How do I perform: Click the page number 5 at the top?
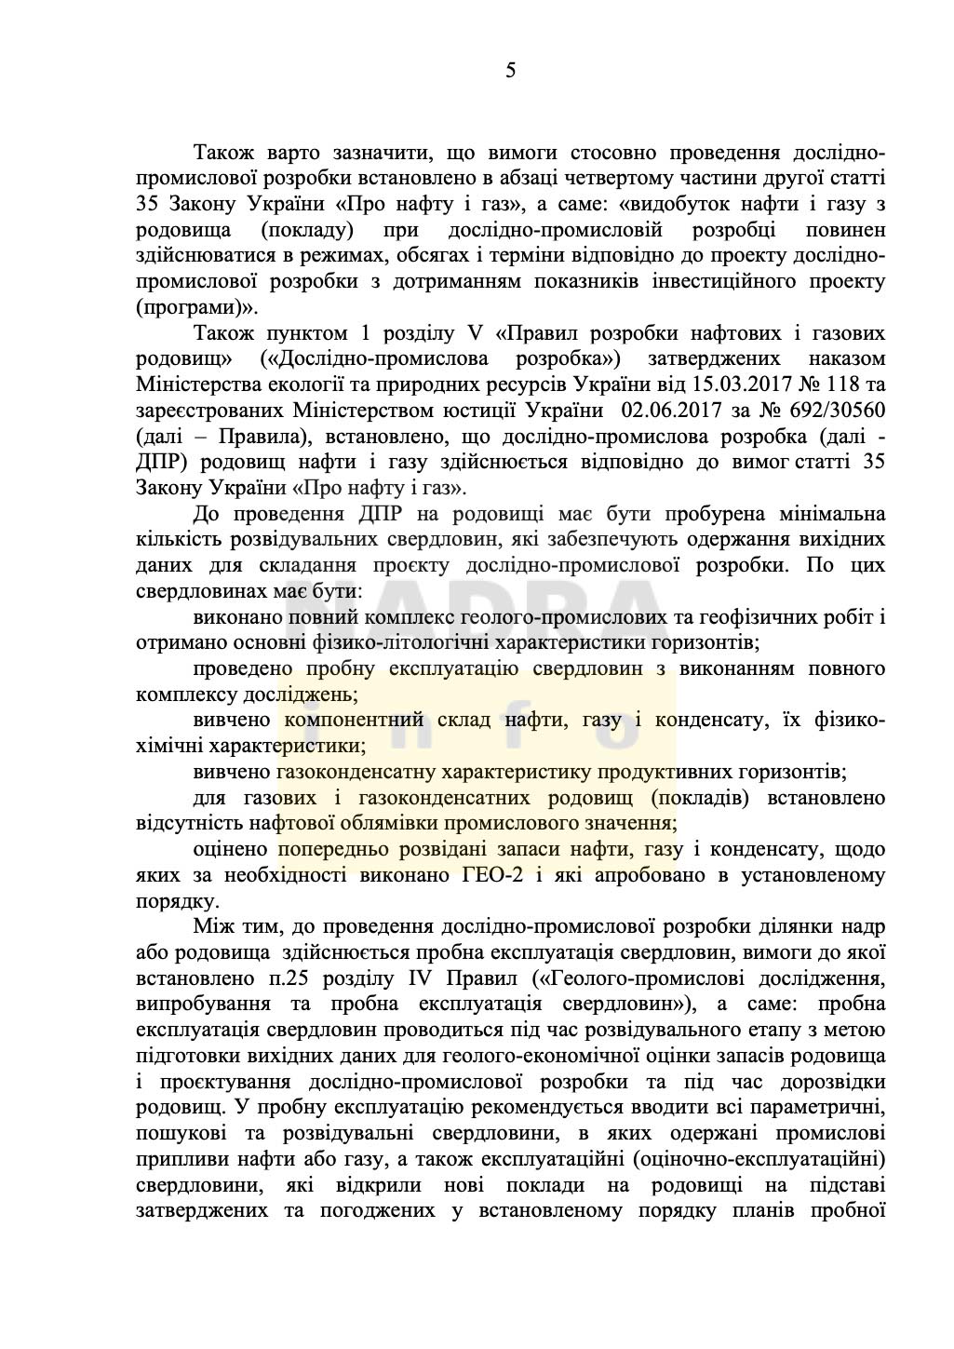(510, 71)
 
